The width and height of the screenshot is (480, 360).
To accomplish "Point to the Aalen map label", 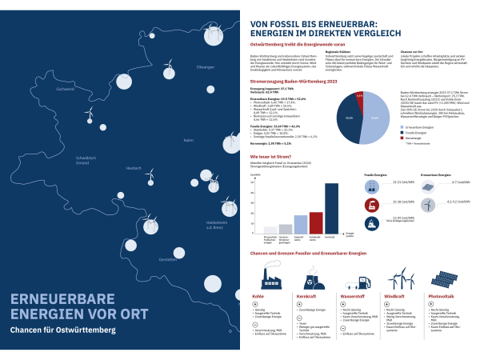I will pos(189,140).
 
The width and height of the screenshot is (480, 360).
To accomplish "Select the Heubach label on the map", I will pos(134,168).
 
